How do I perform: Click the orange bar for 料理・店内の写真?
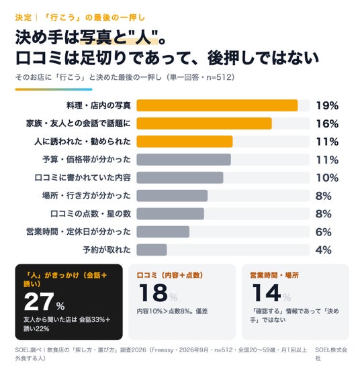217,105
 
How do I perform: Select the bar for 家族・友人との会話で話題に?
204,123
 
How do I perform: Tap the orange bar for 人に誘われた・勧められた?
185,142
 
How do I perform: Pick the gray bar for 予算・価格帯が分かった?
184,160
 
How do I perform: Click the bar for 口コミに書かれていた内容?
180,178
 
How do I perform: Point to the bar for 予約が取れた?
152,250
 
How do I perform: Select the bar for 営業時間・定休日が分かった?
163,232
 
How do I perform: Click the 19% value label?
327,105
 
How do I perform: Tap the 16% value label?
327,123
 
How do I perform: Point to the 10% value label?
327,178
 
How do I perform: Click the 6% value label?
323,232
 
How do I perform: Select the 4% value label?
323,250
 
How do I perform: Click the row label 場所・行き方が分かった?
87,196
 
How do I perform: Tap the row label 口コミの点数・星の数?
91,213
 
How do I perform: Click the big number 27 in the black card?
38,301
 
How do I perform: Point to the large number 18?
154,293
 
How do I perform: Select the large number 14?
267,293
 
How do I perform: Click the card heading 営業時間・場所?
274,275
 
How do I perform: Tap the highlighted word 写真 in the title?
95,38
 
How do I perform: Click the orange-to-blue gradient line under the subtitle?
54,89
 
